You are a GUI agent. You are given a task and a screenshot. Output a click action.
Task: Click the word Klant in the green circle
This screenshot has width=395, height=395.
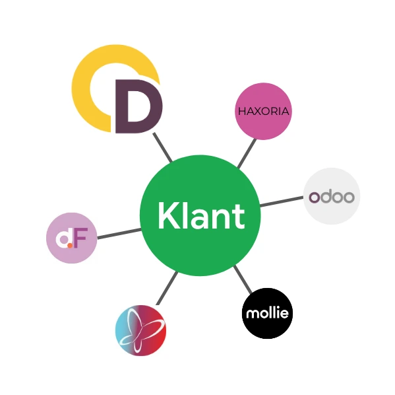(201, 215)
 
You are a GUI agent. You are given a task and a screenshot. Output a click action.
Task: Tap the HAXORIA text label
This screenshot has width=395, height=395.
(264, 112)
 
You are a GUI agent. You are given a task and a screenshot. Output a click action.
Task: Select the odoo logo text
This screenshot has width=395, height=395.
(332, 197)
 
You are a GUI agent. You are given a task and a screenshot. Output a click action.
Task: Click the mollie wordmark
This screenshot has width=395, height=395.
(267, 313)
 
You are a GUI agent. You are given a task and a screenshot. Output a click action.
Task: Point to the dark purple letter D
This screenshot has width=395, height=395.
(138, 106)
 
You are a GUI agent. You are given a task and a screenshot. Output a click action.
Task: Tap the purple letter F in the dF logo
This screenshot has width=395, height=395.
(80, 238)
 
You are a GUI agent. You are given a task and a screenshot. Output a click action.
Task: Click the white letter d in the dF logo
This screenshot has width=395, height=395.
(63, 238)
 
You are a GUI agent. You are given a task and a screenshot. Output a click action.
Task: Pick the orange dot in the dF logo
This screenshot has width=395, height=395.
(70, 245)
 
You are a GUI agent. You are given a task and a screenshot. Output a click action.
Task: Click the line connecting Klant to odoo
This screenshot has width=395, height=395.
(282, 201)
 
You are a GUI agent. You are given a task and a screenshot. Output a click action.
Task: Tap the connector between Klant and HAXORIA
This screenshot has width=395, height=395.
(247, 153)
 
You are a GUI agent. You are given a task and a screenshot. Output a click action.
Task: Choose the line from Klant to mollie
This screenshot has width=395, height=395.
(243, 279)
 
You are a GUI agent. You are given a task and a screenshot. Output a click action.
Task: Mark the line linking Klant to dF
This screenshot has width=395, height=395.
(119, 233)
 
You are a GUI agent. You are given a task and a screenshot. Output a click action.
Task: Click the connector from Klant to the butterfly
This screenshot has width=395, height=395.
(167, 288)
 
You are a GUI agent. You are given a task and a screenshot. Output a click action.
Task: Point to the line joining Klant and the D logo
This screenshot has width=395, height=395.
(163, 147)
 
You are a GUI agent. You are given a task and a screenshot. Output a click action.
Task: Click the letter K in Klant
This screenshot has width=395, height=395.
(169, 215)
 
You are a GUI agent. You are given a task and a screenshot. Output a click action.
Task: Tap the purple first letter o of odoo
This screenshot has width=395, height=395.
(314, 197)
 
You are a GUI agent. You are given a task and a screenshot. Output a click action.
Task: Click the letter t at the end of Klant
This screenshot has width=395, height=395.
(239, 217)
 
